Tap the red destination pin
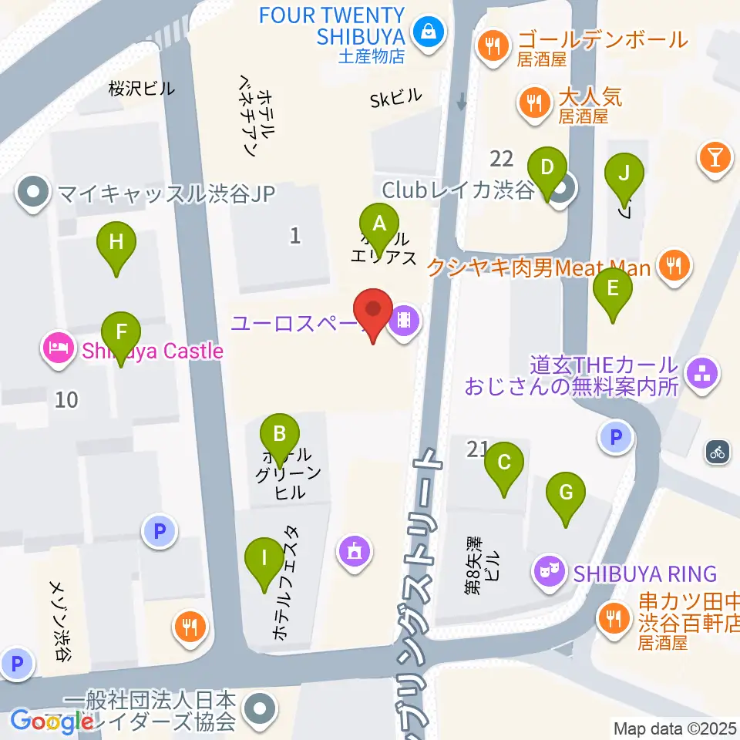[x=374, y=312]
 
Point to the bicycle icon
[x=718, y=452]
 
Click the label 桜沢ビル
[x=142, y=89]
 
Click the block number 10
[x=67, y=399]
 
